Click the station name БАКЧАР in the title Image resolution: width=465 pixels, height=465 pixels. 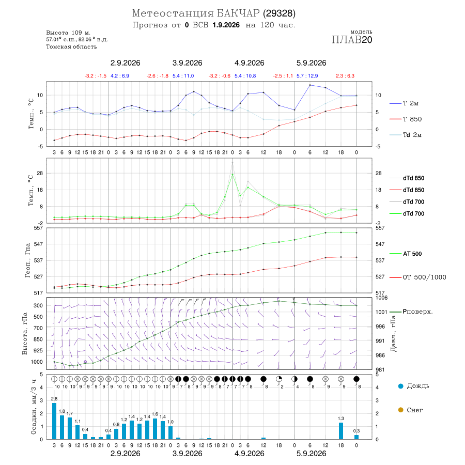(238, 13)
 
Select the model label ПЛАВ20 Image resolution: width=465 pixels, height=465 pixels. (352, 40)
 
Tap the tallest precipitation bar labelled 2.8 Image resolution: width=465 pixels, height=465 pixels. (54, 421)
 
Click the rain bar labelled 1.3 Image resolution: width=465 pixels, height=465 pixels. (341, 430)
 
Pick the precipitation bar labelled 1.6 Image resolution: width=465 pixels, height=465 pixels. (155, 428)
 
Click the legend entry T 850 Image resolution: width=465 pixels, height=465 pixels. (406, 119)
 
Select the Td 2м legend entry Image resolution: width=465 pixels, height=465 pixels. (406, 135)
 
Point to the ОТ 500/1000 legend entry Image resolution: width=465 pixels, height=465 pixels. (417, 277)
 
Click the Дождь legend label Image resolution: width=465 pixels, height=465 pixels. (418, 386)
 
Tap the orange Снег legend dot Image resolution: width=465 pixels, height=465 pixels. (400, 410)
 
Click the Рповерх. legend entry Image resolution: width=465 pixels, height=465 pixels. (411, 312)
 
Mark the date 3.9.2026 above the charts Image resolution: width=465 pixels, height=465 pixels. (188, 63)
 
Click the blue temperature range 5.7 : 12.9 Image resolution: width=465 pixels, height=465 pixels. (307, 76)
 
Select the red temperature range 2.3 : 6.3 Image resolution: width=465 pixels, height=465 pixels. (345, 76)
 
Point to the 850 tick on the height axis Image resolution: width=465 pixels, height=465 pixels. (38, 339)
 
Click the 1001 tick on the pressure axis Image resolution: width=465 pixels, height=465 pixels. (381, 312)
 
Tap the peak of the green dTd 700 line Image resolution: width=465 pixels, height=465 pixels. (233, 175)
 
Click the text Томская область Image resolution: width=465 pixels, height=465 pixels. (71, 47)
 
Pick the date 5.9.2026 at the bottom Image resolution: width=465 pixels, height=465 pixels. (312, 454)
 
